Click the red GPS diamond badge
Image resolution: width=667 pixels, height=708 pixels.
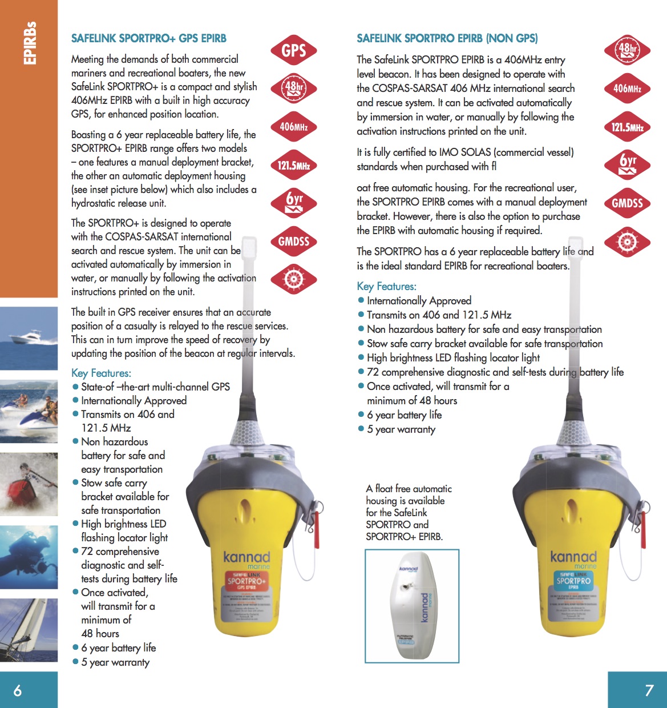coord(293,51)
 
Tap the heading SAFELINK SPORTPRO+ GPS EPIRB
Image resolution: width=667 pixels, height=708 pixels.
coord(148,38)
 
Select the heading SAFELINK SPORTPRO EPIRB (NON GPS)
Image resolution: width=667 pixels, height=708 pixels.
coord(447,38)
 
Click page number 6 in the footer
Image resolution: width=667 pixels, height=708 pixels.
coord(18,690)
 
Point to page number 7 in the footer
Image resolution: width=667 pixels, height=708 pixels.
coord(649,690)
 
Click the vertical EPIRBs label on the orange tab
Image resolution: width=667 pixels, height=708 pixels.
coord(30,43)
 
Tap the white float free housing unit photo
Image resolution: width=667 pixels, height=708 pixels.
coord(412,606)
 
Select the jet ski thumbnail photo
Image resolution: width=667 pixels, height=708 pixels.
coord(29,411)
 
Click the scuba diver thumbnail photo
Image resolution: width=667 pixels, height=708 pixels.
coord(29,557)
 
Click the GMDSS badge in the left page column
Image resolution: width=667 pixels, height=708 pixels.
coord(293,241)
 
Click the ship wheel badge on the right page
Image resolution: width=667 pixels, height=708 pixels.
coord(627,242)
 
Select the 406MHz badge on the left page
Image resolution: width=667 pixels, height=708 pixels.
coord(293,127)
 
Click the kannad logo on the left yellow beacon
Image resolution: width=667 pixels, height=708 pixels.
coord(246,557)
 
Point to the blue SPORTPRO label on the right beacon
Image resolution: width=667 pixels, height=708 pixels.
coord(573,581)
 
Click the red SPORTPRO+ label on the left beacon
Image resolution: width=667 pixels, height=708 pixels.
coord(246,581)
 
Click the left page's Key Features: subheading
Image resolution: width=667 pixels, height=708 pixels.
coord(101,373)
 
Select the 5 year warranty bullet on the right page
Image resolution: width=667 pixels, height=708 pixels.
coord(401,429)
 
